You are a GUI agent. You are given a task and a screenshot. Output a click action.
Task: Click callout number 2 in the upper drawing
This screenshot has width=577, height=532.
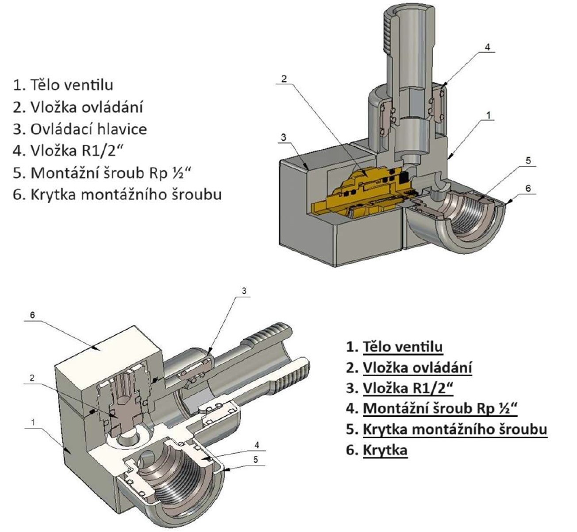[x=284, y=79]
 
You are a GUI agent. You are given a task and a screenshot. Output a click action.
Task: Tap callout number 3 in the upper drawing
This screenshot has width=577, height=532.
[x=284, y=137]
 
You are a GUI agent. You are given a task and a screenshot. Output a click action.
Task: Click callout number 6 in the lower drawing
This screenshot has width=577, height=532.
[x=32, y=315]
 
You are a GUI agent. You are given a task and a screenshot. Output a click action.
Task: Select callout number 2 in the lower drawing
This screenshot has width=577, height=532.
[x=32, y=378]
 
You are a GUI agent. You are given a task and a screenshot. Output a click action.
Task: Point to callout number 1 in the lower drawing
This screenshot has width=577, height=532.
[x=33, y=422]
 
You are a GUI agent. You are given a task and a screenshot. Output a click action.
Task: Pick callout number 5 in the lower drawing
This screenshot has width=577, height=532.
[x=256, y=460]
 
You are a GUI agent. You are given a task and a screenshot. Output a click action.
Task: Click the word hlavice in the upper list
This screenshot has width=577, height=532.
[x=123, y=129]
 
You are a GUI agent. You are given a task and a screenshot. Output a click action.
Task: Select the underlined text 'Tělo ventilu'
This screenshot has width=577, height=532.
[x=402, y=347]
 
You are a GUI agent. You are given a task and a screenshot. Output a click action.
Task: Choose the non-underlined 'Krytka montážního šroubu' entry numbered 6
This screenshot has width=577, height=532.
[x=126, y=194]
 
